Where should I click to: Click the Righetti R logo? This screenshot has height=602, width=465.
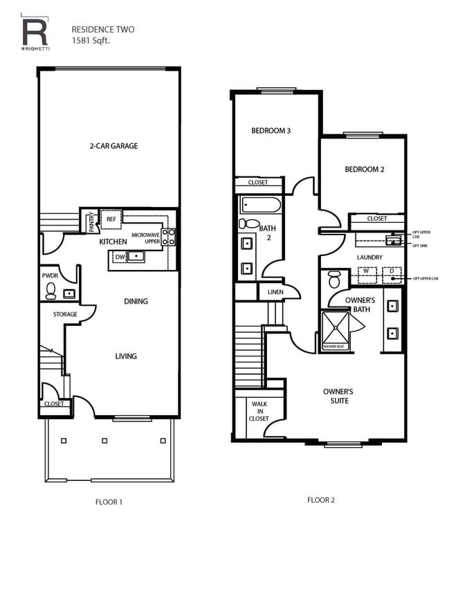click(x=34, y=33)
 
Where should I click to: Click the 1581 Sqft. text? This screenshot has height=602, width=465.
click(x=91, y=41)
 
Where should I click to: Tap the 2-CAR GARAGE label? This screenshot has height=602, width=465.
click(x=113, y=146)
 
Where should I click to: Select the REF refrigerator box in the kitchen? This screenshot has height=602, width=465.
click(x=111, y=219)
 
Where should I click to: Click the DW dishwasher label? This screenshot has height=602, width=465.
click(x=120, y=257)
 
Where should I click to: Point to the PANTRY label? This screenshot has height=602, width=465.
click(x=91, y=221)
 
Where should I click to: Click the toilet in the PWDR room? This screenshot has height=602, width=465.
click(x=51, y=293)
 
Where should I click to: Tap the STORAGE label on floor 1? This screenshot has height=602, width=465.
click(x=65, y=314)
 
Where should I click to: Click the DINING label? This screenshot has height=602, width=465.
click(x=136, y=302)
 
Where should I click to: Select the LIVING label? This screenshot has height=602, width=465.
click(x=126, y=356)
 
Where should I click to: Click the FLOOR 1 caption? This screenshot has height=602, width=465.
click(x=109, y=502)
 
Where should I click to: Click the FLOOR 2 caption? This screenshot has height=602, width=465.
click(x=320, y=500)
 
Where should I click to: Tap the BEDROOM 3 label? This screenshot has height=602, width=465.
click(x=270, y=130)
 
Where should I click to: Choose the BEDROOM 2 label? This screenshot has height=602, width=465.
click(x=364, y=169)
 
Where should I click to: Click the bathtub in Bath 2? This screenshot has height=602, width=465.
click(x=261, y=205)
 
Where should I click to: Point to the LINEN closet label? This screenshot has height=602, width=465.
click(x=275, y=292)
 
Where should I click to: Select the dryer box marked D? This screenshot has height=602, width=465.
click(x=391, y=271)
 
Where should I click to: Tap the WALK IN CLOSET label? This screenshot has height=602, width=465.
click(x=259, y=411)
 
